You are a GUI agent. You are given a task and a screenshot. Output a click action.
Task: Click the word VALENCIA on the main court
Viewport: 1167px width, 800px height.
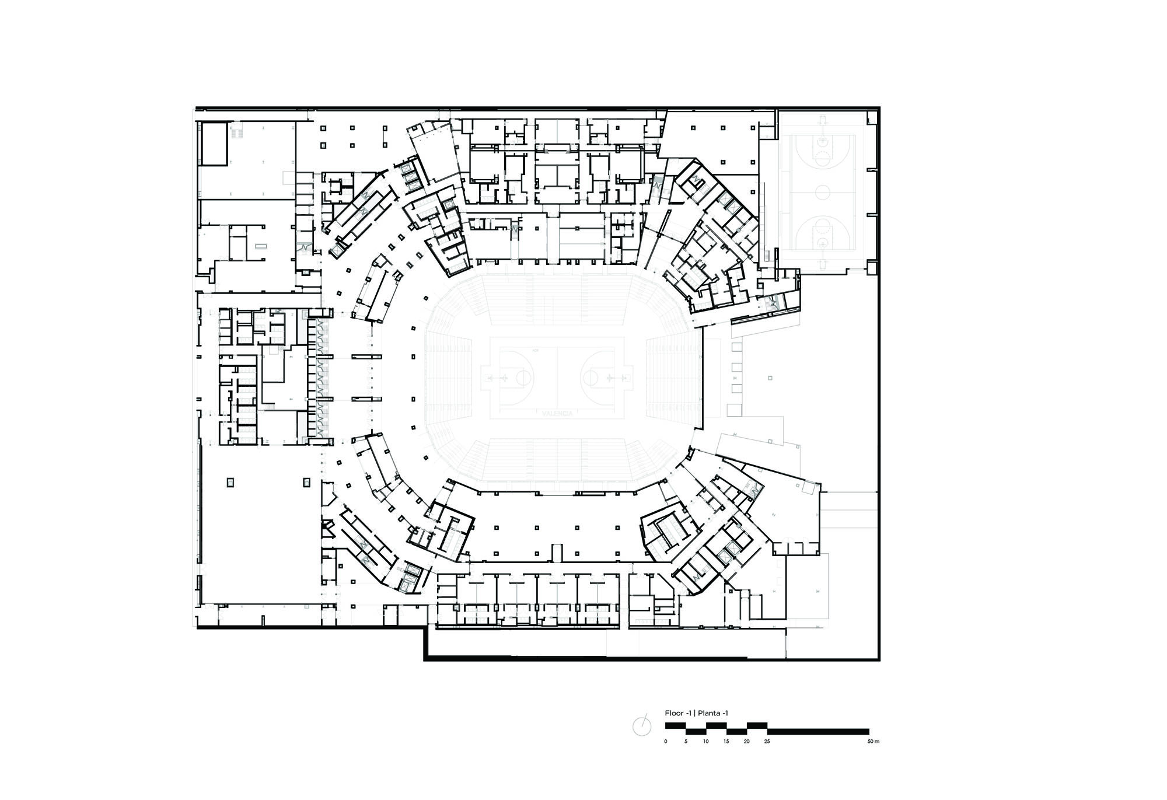pos(557,413)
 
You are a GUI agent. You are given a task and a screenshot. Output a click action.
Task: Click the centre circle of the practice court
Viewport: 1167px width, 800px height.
pos(823,191)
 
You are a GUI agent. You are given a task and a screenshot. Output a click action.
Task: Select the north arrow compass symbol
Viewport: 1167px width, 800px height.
pos(642,726)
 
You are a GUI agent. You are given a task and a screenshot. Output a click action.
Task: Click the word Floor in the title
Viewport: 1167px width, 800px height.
pos(673,713)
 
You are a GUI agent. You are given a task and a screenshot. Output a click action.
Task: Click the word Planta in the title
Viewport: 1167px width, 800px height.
pos(710,713)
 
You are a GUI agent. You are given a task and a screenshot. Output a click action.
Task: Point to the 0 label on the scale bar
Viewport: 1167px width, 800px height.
pos(665,742)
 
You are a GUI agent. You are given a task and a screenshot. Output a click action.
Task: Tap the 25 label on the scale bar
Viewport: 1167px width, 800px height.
pos(767,742)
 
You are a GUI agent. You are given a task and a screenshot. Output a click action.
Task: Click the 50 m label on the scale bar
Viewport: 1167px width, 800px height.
pos(872,742)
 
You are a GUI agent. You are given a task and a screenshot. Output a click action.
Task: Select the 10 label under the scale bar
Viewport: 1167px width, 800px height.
pos(706,742)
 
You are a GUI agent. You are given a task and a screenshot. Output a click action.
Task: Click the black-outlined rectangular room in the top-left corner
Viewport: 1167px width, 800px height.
pos(213,143)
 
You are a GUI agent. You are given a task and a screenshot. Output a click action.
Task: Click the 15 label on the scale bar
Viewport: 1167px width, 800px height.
pos(726,742)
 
